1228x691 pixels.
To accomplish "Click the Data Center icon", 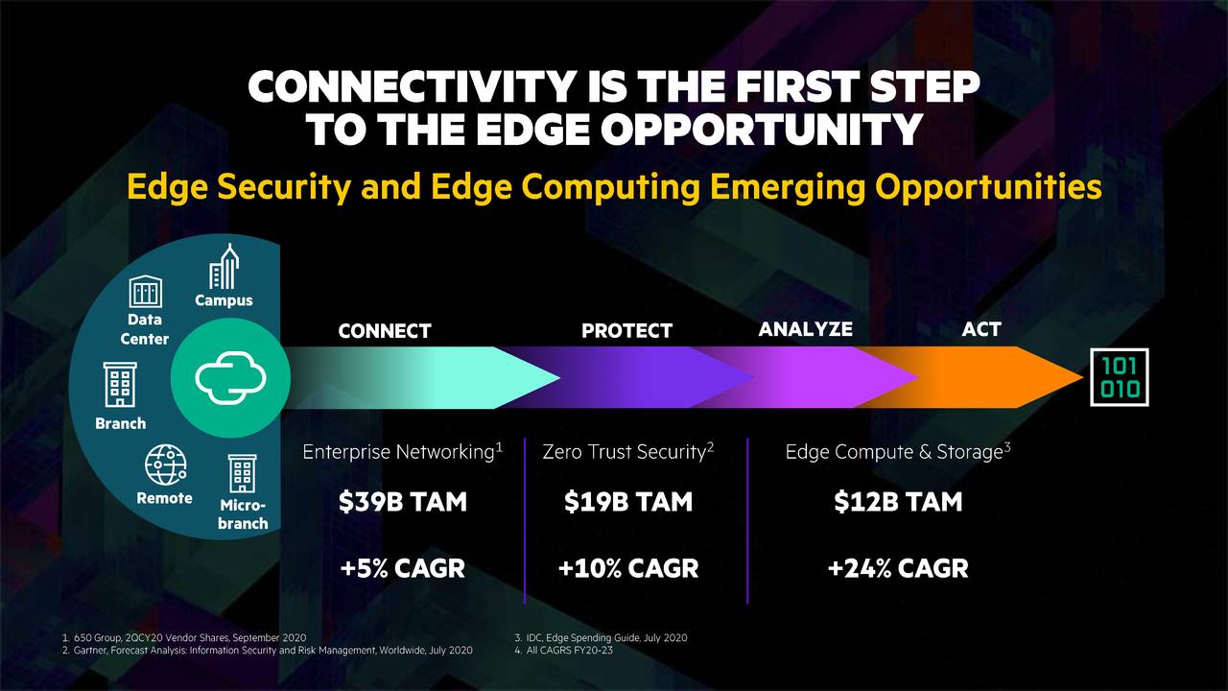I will pos(146,291).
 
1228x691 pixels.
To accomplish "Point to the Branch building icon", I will pos(121,387).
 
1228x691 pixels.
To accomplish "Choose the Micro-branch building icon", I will pos(242,475).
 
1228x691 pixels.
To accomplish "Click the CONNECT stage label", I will pos(385,331).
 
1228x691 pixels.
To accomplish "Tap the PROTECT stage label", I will pos(626,331).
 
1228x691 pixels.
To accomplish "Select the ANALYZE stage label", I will pos(805,329).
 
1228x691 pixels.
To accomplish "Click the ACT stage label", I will pos(980,329).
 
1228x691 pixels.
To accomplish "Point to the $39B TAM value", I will pos(402,501).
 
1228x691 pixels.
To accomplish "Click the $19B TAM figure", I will pos(627,501).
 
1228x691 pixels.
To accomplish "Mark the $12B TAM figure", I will pos(897,501).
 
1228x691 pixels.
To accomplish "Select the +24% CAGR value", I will pos(897,568).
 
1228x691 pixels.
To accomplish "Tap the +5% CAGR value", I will pos(402,568).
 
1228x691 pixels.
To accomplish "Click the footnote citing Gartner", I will pos(272,651).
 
